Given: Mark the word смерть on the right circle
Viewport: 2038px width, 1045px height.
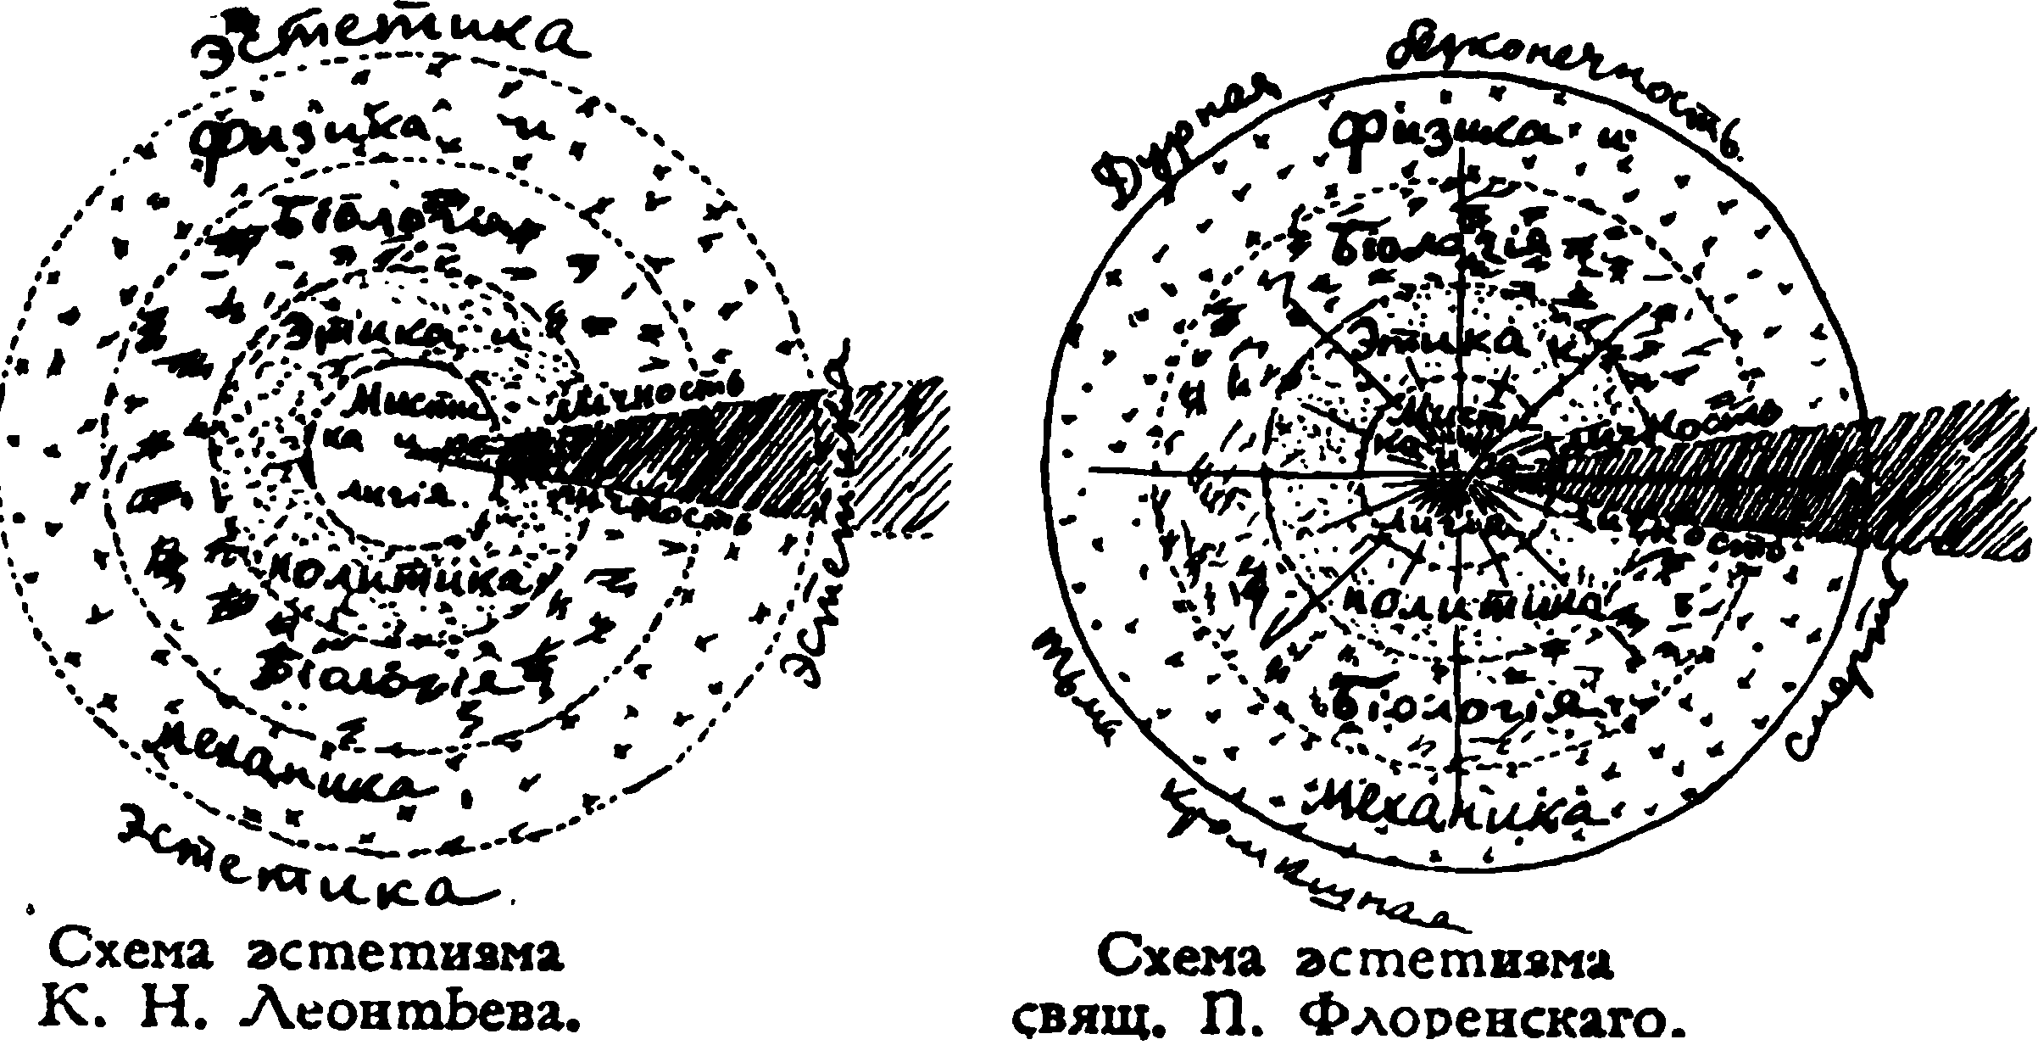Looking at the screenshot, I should (1840, 670).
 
